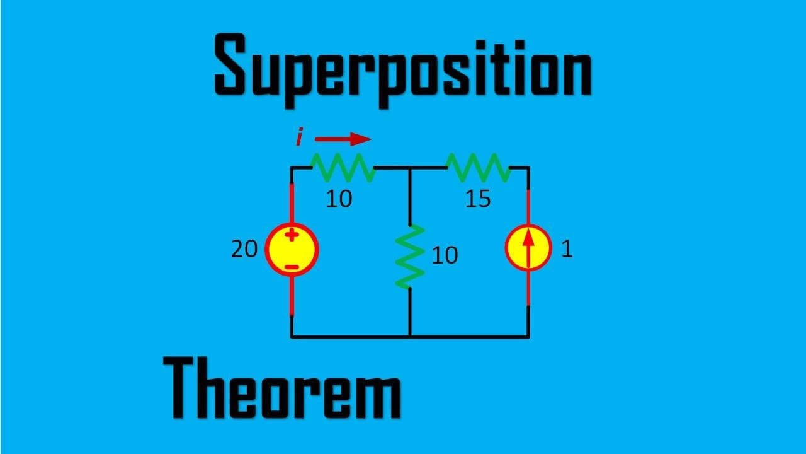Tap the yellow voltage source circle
(292, 249)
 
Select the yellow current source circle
(528, 248)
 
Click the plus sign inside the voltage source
(292, 236)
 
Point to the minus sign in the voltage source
(292, 267)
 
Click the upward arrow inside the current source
(528, 248)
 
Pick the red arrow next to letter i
(343, 139)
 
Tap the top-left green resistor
(343, 167)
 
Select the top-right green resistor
(478, 167)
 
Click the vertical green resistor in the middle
(410, 257)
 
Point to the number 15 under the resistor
(478, 199)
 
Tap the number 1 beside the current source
(566, 250)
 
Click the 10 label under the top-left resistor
(339, 199)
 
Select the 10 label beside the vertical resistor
(445, 255)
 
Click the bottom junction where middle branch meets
(410, 336)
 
